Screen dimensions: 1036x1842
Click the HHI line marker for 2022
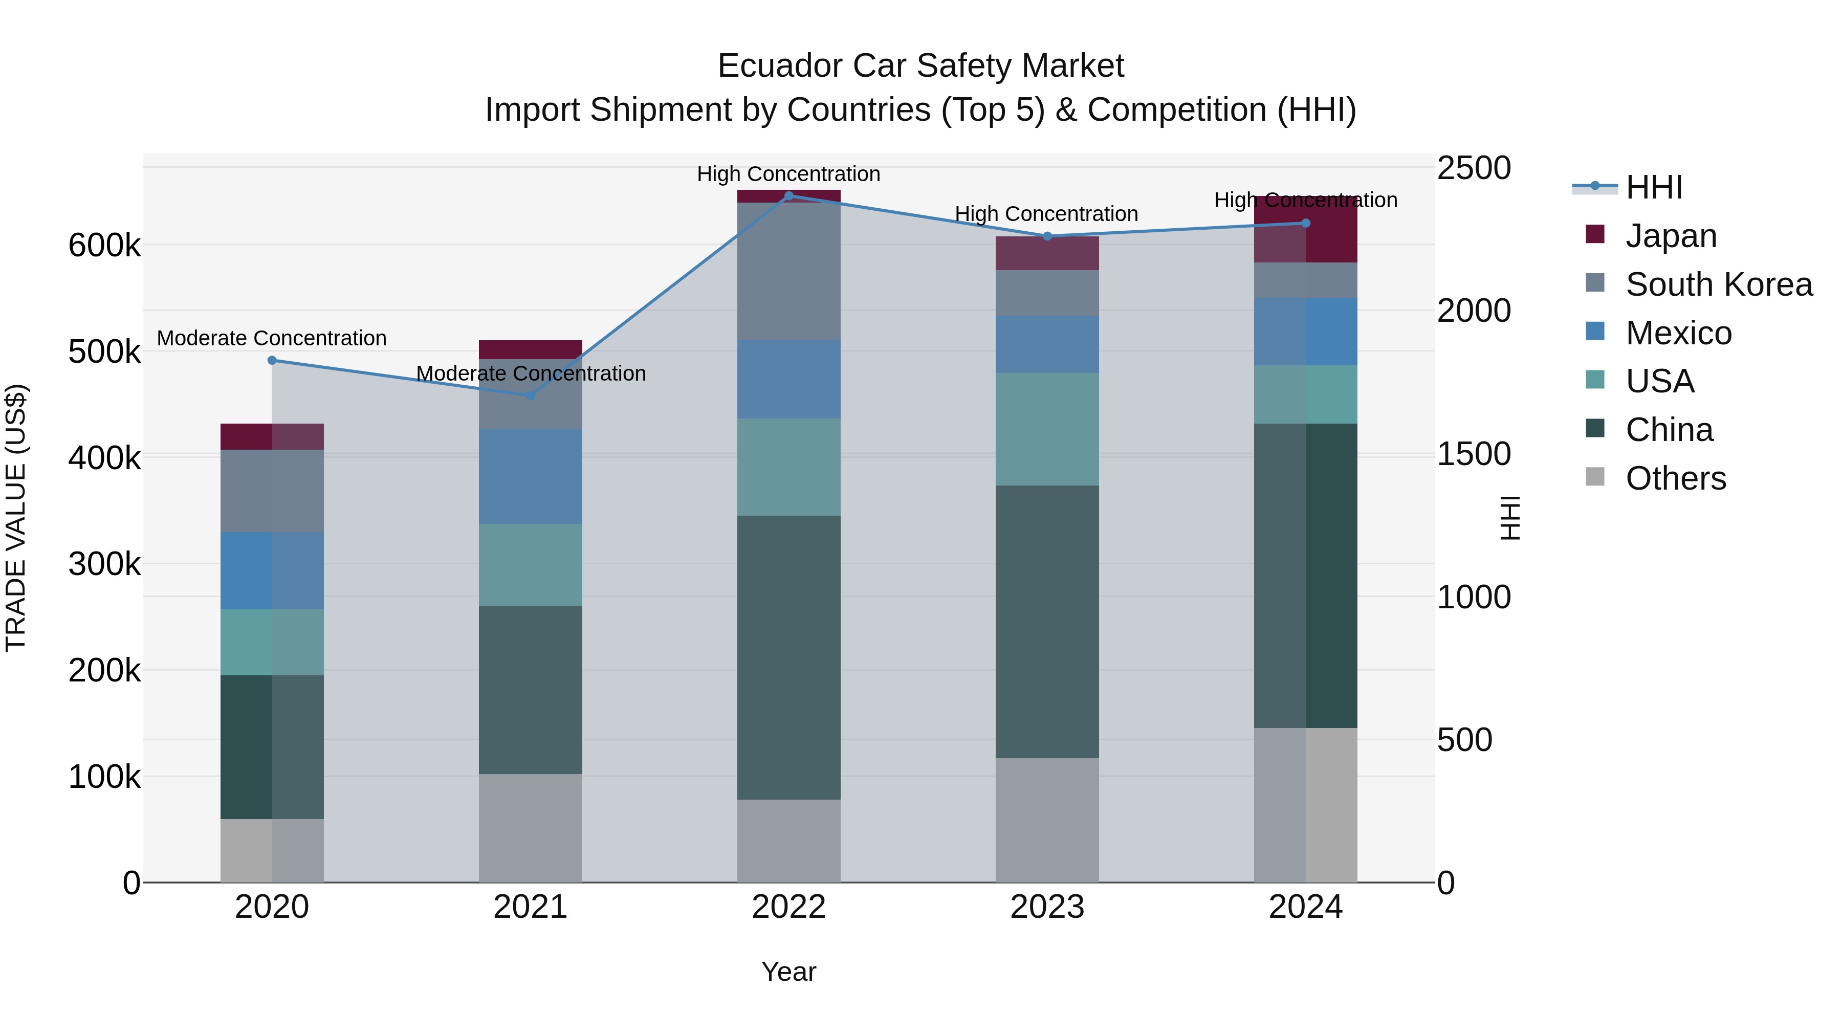(788, 195)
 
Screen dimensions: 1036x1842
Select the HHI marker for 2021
(530, 395)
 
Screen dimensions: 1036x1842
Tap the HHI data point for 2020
(272, 360)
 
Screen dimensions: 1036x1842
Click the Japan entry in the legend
(1671, 236)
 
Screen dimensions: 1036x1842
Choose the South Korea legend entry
(1718, 284)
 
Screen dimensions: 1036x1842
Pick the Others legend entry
(1675, 478)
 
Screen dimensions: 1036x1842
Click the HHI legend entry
(1653, 187)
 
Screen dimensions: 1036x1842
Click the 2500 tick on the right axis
(1474, 169)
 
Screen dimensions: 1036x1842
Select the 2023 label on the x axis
(1047, 907)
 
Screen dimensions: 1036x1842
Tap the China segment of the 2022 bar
(788, 658)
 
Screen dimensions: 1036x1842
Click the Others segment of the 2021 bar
(530, 828)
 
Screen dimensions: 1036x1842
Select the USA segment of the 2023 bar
(1047, 429)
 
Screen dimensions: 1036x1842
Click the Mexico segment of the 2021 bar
(530, 476)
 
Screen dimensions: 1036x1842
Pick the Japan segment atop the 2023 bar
(1047, 253)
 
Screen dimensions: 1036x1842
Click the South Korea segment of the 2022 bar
(788, 272)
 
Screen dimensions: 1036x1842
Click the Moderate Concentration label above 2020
(272, 338)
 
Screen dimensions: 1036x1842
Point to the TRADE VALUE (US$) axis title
(16, 518)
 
